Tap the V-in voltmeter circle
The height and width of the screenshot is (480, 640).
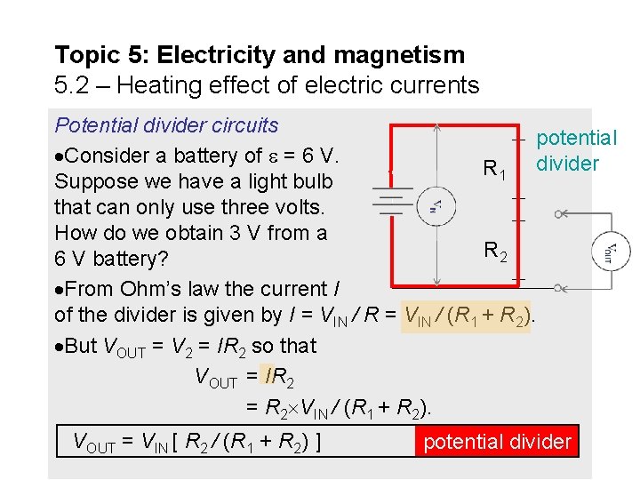tap(436, 206)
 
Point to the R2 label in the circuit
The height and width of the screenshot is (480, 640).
tap(496, 252)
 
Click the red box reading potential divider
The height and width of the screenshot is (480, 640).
tap(497, 442)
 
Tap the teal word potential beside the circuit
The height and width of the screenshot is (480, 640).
tap(576, 138)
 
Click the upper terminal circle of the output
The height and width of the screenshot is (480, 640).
tap(558, 213)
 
